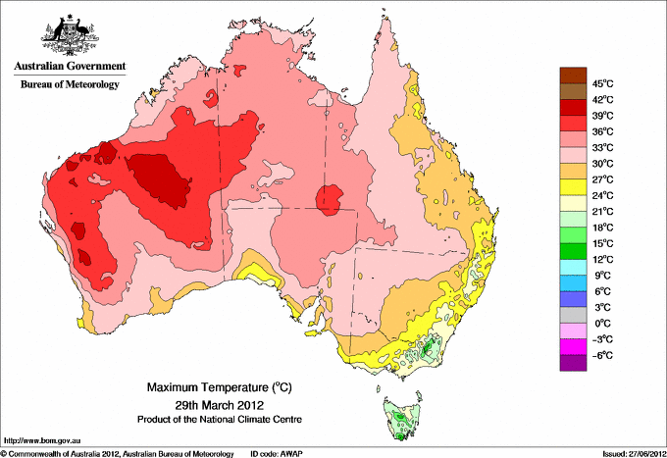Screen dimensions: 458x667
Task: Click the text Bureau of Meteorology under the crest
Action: pyautogui.click(x=70, y=84)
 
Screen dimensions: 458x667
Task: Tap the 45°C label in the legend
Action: pyautogui.click(x=601, y=83)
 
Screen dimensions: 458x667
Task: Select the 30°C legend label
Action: pyautogui.click(x=601, y=163)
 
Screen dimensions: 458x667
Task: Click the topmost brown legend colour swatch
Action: pyautogui.click(x=572, y=75)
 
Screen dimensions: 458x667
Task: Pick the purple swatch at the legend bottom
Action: pyautogui.click(x=572, y=363)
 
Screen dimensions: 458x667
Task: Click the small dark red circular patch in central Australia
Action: pyautogui.click(x=329, y=199)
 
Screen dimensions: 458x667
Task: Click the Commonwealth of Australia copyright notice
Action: pyautogui.click(x=118, y=453)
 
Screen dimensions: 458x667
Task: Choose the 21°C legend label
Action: pyautogui.click(x=601, y=211)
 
